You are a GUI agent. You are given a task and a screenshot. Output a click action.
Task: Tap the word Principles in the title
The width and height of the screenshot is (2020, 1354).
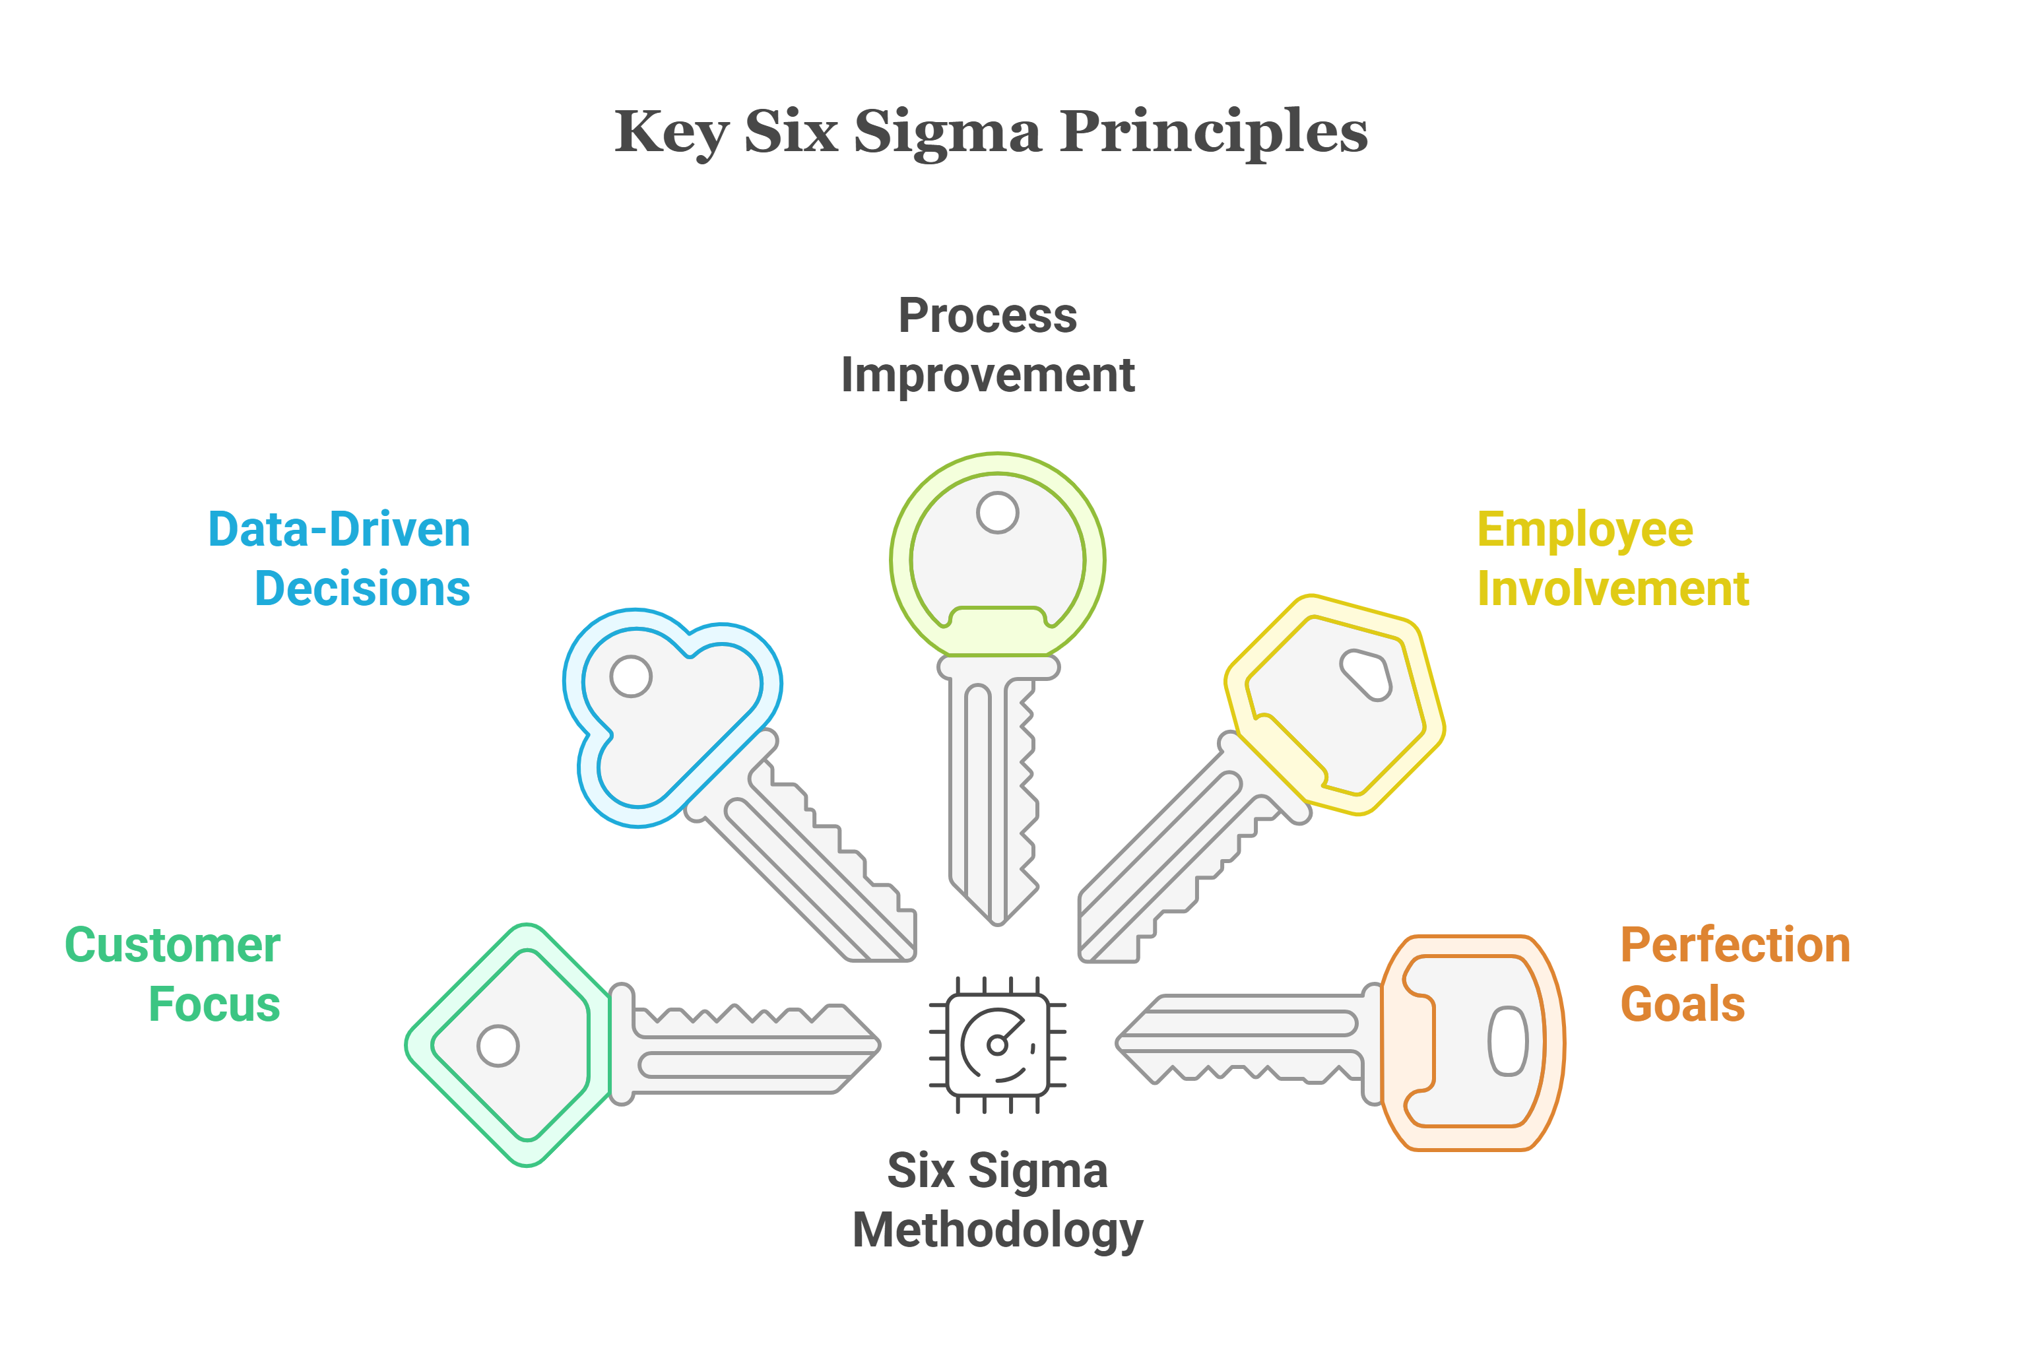1214,134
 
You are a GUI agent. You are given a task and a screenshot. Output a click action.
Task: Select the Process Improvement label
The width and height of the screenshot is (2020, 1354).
987,345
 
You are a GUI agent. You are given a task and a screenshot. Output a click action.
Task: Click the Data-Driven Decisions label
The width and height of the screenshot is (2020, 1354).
339,559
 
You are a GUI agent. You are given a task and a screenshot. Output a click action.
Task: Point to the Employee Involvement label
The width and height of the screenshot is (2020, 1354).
1612,559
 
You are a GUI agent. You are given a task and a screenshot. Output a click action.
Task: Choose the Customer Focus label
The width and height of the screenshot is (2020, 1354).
173,974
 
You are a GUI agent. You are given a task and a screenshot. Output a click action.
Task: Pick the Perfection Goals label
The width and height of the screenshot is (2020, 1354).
1735,974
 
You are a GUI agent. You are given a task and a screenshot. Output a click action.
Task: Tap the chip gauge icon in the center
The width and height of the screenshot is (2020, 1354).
998,1045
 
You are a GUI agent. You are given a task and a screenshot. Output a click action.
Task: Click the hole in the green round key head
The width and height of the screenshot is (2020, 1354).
998,513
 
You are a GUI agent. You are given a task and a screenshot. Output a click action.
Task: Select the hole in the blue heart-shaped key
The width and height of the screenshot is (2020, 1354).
632,676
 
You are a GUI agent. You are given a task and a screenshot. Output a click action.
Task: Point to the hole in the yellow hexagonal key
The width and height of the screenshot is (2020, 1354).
1366,674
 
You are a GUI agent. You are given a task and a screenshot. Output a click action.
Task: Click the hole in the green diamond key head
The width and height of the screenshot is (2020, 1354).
498,1046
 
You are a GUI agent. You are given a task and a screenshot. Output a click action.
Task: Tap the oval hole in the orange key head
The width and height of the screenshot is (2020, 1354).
1508,1041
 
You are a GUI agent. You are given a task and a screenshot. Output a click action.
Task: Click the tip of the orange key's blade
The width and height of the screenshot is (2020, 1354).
1117,1043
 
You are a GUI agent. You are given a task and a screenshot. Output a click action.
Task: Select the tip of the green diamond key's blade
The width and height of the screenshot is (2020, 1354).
879,1045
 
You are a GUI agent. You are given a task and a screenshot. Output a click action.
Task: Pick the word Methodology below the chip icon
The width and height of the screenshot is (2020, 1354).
998,1231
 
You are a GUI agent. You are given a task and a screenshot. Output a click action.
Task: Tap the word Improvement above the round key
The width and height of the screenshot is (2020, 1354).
987,375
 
